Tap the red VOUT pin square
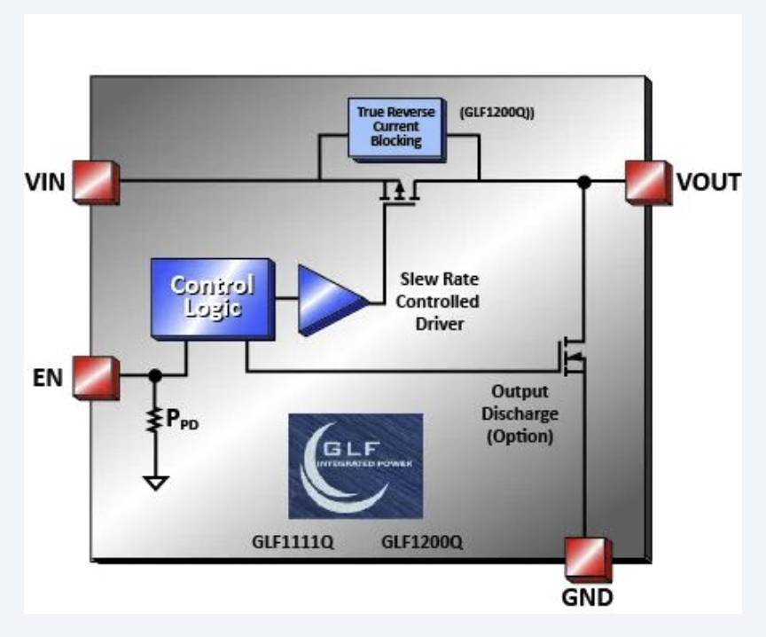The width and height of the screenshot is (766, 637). click(x=646, y=181)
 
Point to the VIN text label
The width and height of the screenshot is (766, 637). click(x=44, y=183)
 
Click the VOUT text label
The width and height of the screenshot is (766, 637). click(x=708, y=183)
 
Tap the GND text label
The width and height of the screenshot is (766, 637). click(x=588, y=597)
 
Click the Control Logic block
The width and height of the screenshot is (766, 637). click(x=211, y=297)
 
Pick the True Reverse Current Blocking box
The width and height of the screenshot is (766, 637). click(x=397, y=127)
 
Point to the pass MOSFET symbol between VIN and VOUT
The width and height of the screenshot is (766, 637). click(x=398, y=191)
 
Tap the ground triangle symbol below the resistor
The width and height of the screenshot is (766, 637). click(x=156, y=484)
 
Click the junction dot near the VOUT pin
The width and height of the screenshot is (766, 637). click(x=583, y=182)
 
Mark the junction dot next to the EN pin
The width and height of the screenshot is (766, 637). click(x=156, y=376)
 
